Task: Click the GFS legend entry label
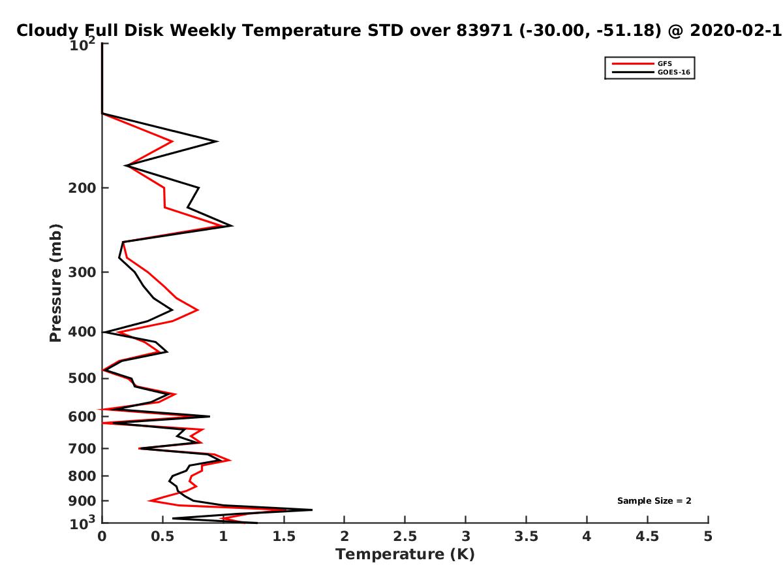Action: [x=664, y=63]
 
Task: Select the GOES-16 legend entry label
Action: [x=673, y=72]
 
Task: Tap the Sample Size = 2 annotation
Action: [x=654, y=500]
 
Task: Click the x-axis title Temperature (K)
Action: [x=405, y=554]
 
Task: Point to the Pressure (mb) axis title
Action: [x=55, y=283]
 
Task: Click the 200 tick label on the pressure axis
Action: [x=82, y=188]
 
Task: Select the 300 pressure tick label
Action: [x=82, y=272]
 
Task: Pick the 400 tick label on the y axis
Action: [x=82, y=332]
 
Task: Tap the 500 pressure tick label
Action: [x=82, y=378]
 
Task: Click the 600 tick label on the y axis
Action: [x=82, y=417]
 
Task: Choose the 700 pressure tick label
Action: [x=82, y=448]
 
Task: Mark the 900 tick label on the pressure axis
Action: [x=82, y=501]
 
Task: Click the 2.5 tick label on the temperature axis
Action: [x=405, y=536]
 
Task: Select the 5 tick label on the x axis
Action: [x=708, y=536]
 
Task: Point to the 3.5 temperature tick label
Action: [x=526, y=536]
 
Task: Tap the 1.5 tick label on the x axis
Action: [x=284, y=536]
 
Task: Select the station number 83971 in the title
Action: [x=484, y=30]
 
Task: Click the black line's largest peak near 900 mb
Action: [x=312, y=510]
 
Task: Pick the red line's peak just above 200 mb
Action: [x=173, y=141]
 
